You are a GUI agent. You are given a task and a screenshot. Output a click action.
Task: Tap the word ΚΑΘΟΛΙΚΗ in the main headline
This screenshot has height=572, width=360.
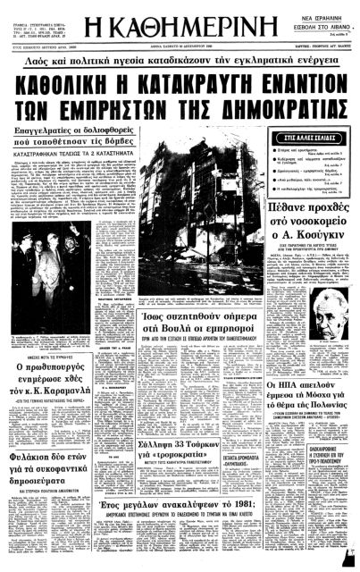[68, 84]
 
